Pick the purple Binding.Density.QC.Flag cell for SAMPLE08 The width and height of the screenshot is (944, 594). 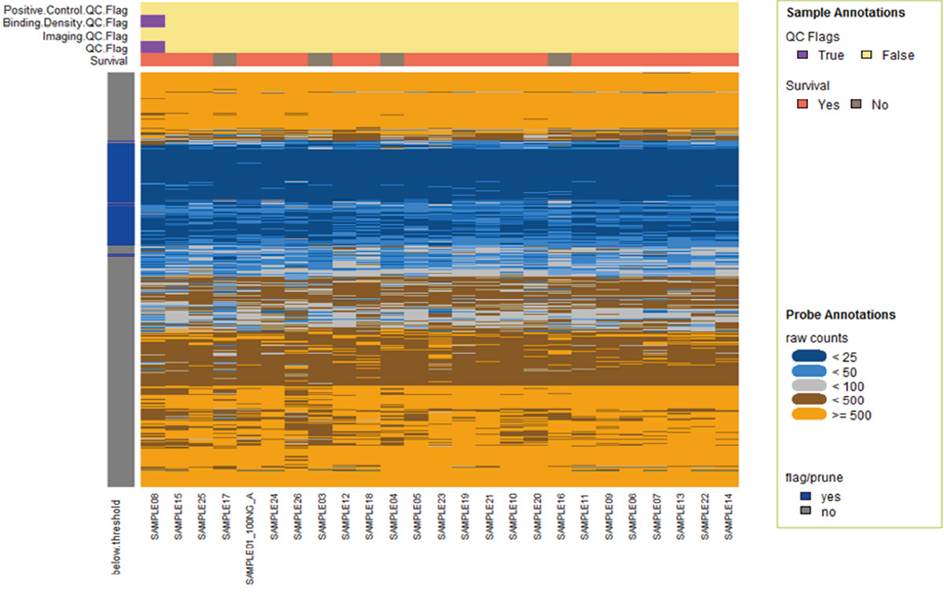click(x=153, y=21)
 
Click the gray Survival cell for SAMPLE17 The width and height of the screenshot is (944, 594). click(x=225, y=60)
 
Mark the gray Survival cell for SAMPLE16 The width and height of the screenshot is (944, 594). click(x=559, y=60)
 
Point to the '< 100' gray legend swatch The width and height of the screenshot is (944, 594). click(x=809, y=386)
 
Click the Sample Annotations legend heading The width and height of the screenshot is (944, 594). click(x=845, y=13)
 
